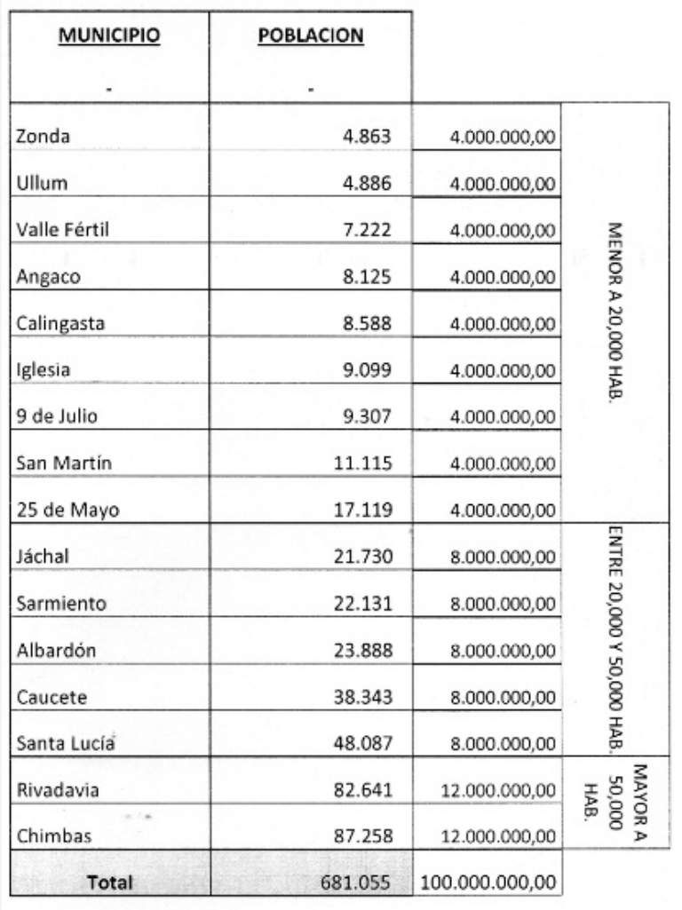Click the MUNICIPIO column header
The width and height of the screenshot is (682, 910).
(109, 36)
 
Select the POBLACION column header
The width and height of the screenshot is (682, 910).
(310, 36)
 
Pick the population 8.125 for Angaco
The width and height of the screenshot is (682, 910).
(367, 276)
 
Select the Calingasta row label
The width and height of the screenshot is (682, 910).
(60, 323)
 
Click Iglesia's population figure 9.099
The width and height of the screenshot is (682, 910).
(367, 369)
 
